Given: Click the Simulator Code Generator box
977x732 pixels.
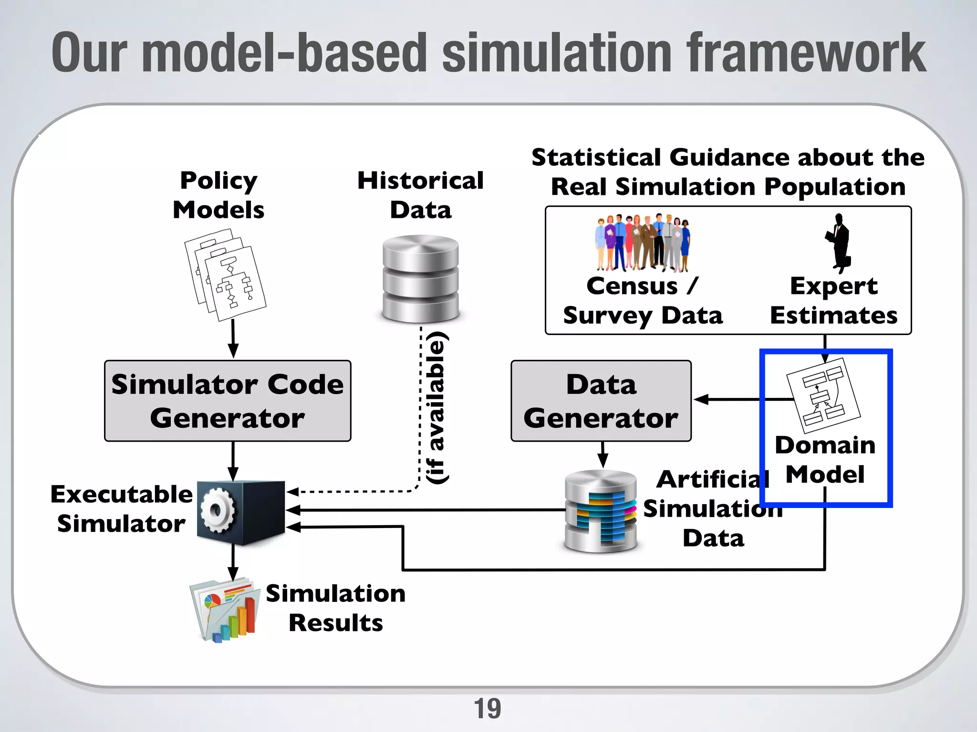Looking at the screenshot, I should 228,401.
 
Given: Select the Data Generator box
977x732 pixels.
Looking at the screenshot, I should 601,401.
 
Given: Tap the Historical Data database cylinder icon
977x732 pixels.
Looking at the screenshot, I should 420,279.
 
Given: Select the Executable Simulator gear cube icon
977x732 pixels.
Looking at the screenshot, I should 241,513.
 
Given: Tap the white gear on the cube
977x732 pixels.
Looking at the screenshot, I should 217,510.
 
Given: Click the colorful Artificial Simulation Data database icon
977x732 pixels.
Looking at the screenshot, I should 601,511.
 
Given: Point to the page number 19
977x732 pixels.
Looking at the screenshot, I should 487,709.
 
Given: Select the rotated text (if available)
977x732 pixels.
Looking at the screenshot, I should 436,407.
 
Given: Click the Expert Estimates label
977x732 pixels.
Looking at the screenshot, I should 833,301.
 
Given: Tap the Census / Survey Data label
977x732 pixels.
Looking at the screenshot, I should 643,301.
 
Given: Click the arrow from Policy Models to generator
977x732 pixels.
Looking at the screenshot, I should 233,339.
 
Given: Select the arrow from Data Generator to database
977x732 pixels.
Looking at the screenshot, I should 603,455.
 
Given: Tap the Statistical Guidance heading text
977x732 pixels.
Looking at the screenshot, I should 728,172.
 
